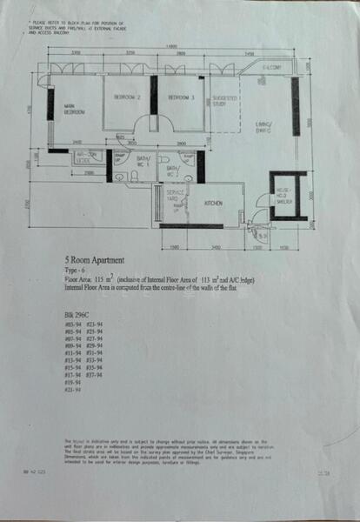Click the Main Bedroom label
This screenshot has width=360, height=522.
(74, 110)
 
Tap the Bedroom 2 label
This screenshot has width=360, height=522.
(127, 97)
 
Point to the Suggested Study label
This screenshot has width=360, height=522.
(226, 102)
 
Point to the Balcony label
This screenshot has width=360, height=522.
(271, 67)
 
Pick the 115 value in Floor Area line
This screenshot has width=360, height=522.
(102, 277)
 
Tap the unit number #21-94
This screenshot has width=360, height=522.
(73, 389)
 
